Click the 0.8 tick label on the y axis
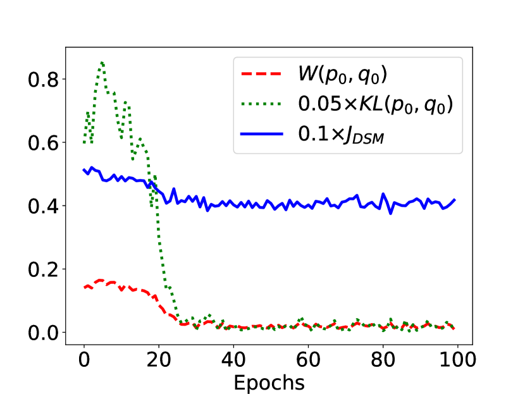click(42, 80)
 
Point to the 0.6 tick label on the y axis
click(42, 143)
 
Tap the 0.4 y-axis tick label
click(42, 206)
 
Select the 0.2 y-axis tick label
click(42, 269)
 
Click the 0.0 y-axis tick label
click(42, 333)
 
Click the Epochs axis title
click(269, 383)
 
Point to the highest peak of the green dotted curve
click(102, 62)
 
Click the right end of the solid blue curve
click(454, 200)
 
